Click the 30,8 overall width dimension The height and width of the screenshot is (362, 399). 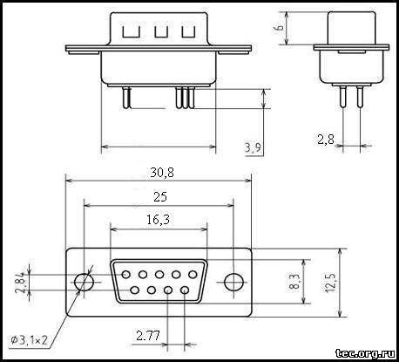(160, 173)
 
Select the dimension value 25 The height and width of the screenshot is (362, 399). (159, 196)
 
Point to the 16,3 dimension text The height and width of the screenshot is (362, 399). (158, 220)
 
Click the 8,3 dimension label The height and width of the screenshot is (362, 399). (294, 281)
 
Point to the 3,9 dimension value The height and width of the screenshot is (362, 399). (254, 148)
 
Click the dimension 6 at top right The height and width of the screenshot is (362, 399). (280, 28)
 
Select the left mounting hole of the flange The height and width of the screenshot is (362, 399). (84, 283)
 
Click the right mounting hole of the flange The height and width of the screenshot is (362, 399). (233, 283)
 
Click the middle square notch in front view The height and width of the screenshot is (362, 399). (159, 33)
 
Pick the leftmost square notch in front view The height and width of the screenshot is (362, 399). (131, 33)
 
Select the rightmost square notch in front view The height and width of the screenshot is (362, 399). (187, 33)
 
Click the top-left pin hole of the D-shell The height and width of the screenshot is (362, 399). (125, 274)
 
